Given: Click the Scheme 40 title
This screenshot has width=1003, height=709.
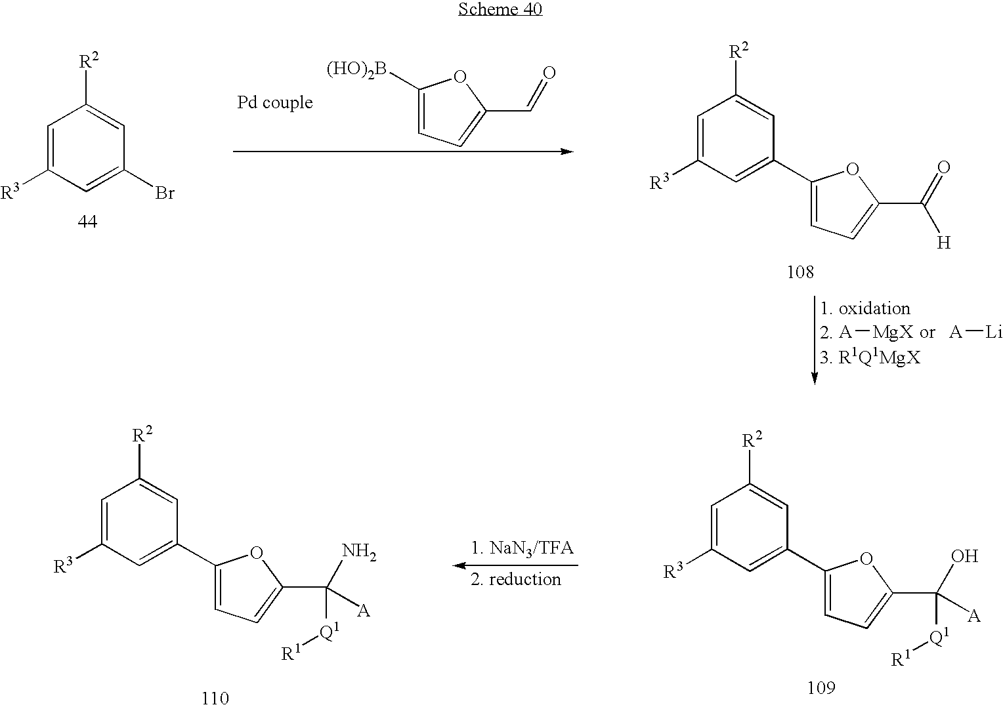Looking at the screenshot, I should (x=500, y=9).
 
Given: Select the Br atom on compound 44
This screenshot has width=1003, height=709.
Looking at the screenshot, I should (x=165, y=193).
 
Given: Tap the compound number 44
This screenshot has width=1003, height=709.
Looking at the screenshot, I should (x=87, y=222).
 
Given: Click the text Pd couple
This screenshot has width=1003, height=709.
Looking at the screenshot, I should (x=274, y=103).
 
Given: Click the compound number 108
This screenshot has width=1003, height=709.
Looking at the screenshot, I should (x=800, y=272).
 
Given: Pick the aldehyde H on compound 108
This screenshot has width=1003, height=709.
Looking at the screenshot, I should (x=943, y=243).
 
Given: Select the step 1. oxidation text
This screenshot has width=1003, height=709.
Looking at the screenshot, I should (x=865, y=308).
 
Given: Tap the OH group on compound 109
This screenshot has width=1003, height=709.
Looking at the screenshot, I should (x=964, y=557).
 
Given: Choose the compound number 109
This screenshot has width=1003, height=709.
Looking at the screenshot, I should (x=821, y=687).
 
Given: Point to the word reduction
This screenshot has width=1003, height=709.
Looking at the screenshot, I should (x=524, y=579).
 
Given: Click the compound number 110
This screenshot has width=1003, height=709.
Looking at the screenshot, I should (x=215, y=698).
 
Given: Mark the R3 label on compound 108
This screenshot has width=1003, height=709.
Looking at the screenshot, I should (x=660, y=183).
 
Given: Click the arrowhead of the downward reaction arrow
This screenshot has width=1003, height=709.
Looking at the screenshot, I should (x=815, y=379).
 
